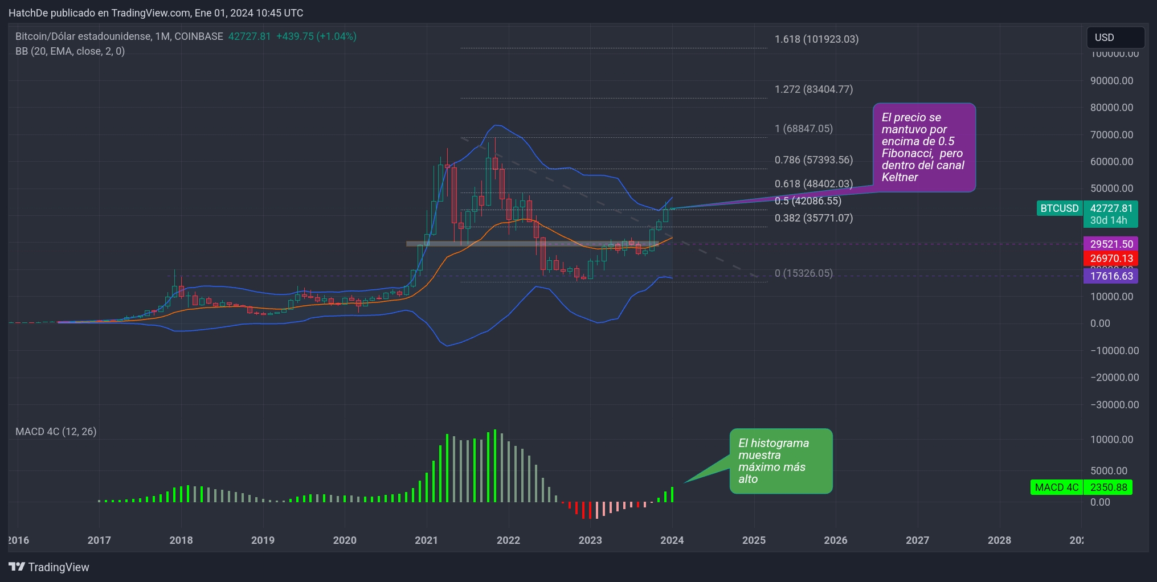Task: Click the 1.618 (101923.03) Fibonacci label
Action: coord(816,39)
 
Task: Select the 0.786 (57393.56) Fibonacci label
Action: coord(813,160)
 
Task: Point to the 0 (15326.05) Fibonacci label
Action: coord(803,273)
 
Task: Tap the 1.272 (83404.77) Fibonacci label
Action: coord(813,89)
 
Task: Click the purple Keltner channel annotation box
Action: coord(924,147)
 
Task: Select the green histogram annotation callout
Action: coord(780,461)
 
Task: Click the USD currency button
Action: coord(1115,38)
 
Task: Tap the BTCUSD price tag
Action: coord(1059,208)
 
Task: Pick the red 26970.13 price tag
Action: coord(1111,259)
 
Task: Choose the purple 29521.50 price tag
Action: coord(1111,244)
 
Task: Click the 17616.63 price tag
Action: coord(1111,276)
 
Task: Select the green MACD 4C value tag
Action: coord(1081,487)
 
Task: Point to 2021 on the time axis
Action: coord(426,540)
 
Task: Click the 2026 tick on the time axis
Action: coord(835,540)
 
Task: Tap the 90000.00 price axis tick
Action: coord(1111,81)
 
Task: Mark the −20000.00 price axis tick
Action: coord(1114,378)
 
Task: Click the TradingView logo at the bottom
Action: coord(49,567)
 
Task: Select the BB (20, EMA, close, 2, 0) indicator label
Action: coord(70,51)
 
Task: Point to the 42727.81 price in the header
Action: coord(250,36)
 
